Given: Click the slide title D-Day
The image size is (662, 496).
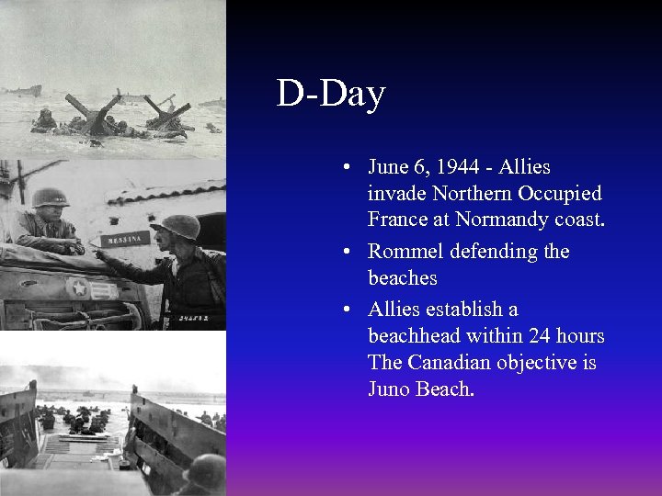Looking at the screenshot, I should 330,94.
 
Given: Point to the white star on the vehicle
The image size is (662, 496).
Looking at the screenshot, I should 79,287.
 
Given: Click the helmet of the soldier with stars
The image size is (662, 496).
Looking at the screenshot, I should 51,197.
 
